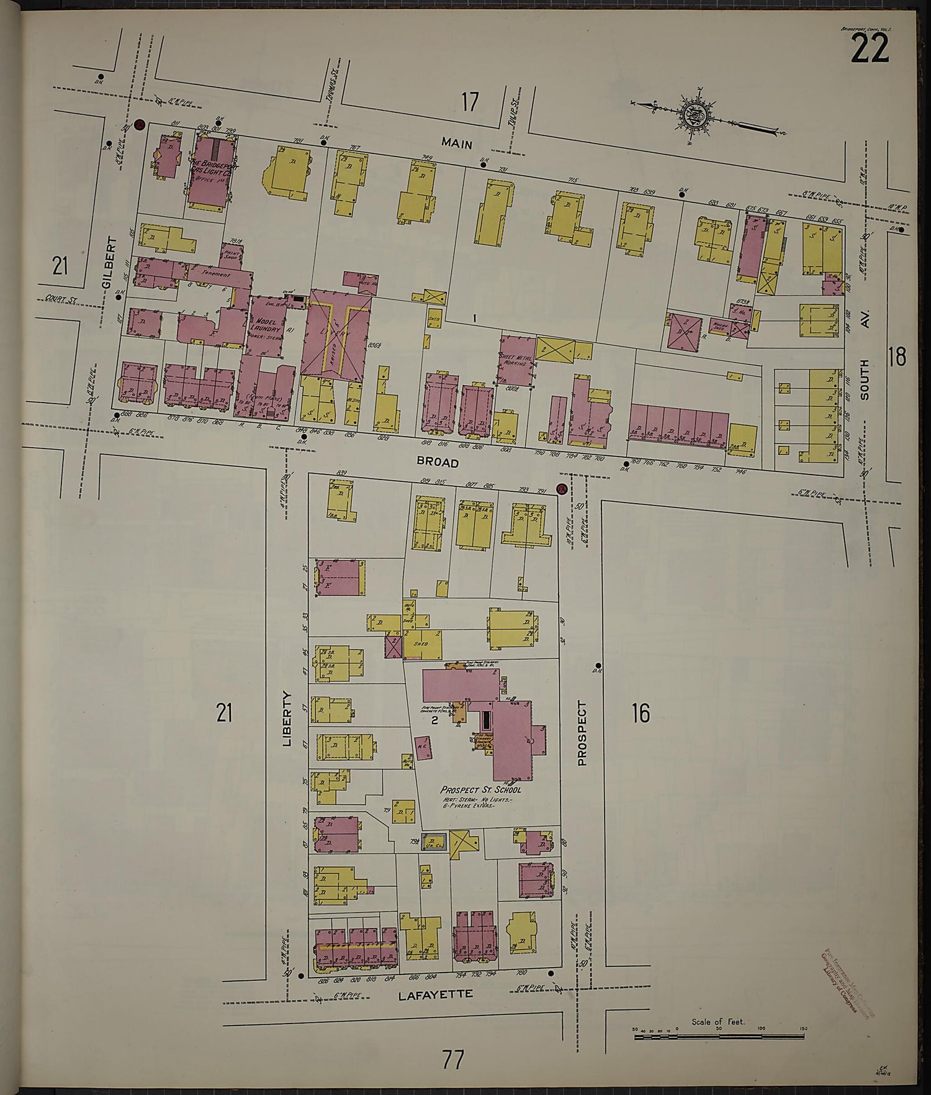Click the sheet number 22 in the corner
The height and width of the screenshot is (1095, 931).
870,48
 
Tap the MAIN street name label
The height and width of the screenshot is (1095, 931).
457,143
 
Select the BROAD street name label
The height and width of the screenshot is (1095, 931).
438,463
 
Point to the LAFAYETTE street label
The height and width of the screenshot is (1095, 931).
435,994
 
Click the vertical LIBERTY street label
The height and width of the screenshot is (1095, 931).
287,718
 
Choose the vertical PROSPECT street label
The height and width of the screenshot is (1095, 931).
582,733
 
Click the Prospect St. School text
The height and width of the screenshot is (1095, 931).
480,789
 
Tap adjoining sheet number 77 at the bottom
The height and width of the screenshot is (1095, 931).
453,1060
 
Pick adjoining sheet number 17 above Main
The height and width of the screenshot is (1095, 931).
470,102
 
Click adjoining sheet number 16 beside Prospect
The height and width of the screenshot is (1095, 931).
641,712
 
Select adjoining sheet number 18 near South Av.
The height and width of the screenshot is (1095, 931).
897,357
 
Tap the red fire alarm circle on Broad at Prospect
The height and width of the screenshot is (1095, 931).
562,489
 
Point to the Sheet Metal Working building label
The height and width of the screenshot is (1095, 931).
516,359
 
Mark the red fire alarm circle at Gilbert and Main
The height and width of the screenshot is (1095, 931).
140,124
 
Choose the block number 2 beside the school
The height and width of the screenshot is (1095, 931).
435,720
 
